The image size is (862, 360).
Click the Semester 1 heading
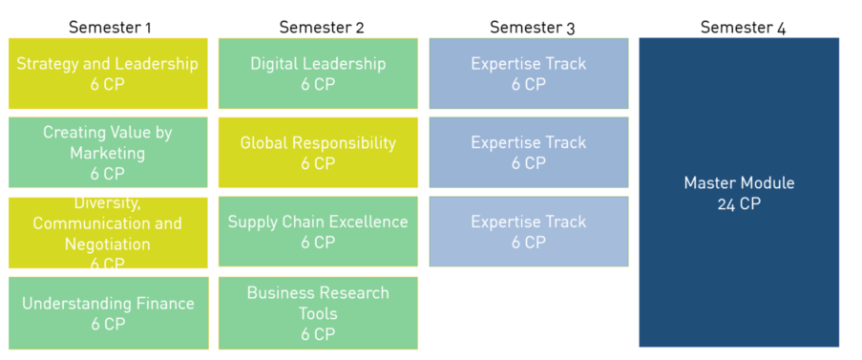coord(110,27)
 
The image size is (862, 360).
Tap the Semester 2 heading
coord(321,27)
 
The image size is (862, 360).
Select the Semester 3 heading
coord(532,27)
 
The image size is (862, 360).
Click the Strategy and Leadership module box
coord(108,74)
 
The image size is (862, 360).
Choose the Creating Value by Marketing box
coord(108,153)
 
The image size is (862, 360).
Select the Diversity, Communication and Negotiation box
coord(108,233)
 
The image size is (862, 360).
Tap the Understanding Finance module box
coord(108,313)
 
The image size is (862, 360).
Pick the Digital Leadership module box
coord(318,74)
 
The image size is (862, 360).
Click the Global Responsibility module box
coord(318,153)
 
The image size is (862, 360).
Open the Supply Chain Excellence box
coord(318,232)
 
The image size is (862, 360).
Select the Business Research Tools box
coord(318,313)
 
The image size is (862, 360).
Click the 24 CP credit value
coord(739,203)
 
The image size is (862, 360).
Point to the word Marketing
coord(108,153)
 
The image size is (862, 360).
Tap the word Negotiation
coord(108,244)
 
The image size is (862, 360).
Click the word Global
coord(263,143)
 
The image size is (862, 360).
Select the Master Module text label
coord(739,183)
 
